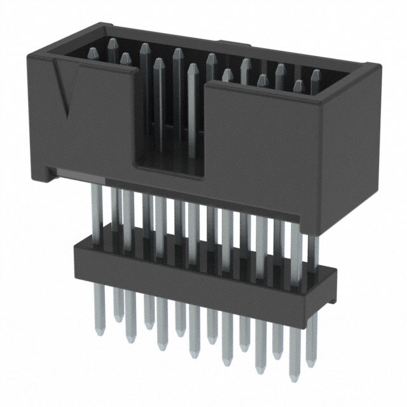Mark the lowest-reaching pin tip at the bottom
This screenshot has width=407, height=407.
pyautogui.click(x=292, y=375)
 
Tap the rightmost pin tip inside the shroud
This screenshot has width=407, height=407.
pyautogui.click(x=315, y=74)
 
